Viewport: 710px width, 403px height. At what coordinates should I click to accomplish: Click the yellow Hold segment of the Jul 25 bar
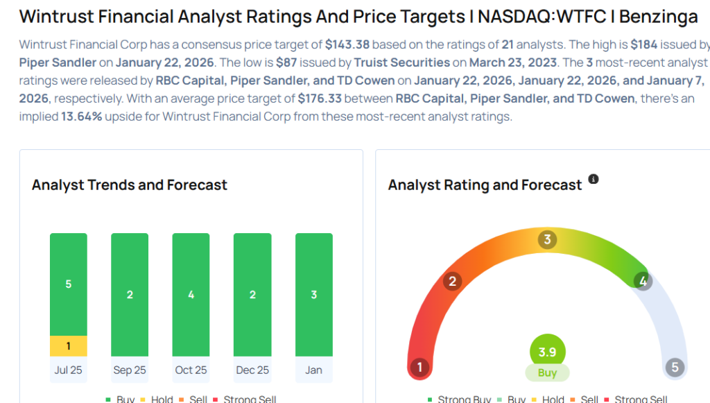tap(68, 346)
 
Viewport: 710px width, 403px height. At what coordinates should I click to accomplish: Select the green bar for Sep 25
tap(130, 295)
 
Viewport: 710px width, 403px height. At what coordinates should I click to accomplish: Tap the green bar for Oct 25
tap(191, 295)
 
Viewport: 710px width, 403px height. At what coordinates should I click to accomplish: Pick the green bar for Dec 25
tap(252, 295)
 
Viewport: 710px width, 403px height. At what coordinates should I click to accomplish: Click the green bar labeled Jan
tap(313, 295)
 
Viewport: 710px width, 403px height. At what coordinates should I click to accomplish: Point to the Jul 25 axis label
tap(68, 370)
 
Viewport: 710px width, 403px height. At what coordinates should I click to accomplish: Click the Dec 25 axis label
tap(252, 370)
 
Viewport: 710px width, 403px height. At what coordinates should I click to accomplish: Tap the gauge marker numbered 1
tap(419, 367)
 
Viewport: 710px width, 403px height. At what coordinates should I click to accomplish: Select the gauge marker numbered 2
tap(452, 281)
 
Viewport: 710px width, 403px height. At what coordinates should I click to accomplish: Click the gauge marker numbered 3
tap(547, 240)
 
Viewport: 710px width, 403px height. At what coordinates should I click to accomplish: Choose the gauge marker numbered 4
tap(643, 281)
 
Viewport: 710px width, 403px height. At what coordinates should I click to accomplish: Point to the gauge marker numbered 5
tap(675, 367)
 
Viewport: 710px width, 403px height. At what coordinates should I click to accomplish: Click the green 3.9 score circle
tap(547, 352)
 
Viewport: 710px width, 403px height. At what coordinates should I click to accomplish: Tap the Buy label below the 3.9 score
tap(547, 372)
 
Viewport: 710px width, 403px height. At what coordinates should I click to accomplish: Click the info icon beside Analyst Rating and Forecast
tap(594, 179)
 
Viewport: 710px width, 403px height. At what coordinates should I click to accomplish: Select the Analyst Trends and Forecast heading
tap(130, 185)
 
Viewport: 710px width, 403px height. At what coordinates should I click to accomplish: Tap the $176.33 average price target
tap(320, 98)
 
